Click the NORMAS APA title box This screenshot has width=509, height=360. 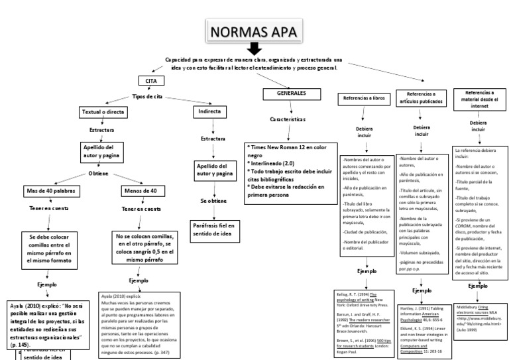click(x=254, y=31)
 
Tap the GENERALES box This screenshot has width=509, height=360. click(x=291, y=94)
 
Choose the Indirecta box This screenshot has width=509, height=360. click(x=211, y=112)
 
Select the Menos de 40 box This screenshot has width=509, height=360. click(x=141, y=191)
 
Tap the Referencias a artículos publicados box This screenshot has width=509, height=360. click(x=421, y=98)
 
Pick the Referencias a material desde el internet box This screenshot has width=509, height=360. click(x=479, y=99)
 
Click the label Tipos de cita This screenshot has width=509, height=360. click(x=147, y=96)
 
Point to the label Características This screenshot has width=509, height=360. click(x=287, y=119)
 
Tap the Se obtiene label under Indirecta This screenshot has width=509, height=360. click(x=213, y=200)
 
